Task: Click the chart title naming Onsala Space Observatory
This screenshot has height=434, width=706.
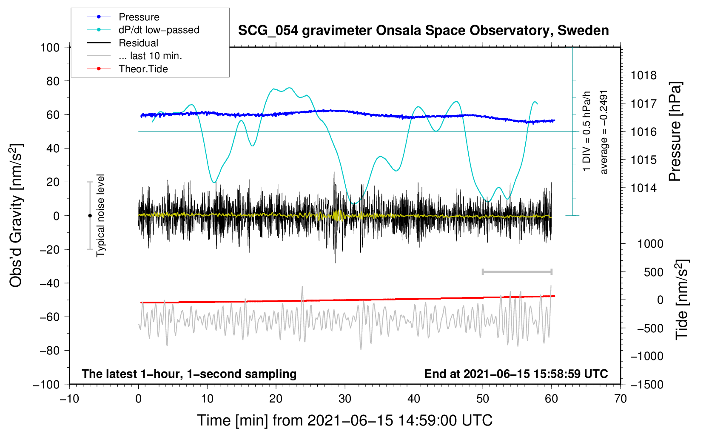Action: point(423,31)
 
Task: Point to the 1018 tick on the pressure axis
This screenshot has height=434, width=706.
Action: point(643,75)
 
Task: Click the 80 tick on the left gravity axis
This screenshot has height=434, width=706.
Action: point(53,81)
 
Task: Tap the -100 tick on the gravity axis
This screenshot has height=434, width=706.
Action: point(46,385)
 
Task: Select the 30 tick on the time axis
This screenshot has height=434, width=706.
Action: point(345,399)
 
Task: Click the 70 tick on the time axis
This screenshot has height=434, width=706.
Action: point(620,399)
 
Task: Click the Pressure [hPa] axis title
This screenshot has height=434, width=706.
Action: point(675,131)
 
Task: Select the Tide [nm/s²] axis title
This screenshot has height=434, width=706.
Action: point(682,300)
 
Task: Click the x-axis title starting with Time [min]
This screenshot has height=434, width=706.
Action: point(345,421)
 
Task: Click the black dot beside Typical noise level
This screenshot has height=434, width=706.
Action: point(90,216)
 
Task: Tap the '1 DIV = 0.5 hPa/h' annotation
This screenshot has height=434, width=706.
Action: point(586,131)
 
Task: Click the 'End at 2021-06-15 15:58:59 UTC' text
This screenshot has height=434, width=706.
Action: point(516,374)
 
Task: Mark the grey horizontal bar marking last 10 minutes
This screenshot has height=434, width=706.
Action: point(517,271)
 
